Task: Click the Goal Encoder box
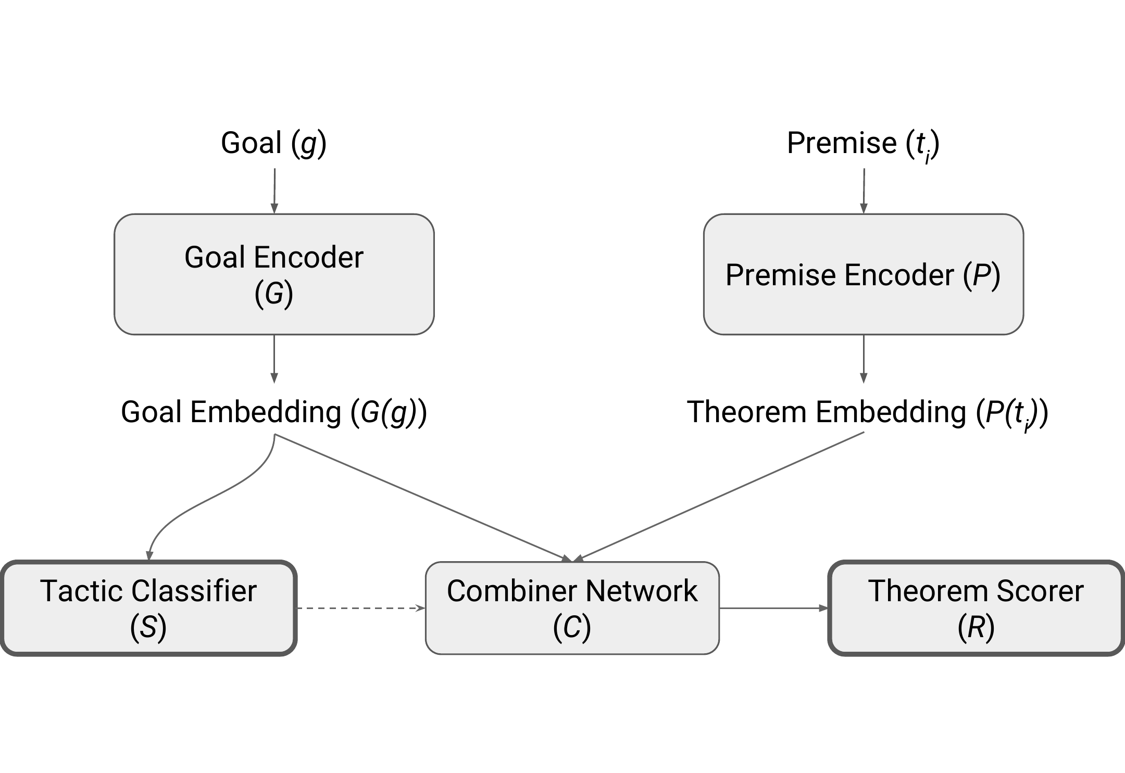[x=274, y=274]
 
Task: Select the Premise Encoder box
[x=864, y=274]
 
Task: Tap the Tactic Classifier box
[x=149, y=607]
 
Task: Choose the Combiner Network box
[x=572, y=607]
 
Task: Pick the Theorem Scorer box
[x=976, y=607]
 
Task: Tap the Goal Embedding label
[x=274, y=412]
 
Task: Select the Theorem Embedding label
[x=868, y=413]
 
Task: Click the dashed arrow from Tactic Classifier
[x=361, y=608]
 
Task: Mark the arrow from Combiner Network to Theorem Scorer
[x=774, y=608]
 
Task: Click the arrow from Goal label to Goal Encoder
[x=274, y=191]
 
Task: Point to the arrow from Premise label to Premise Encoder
[x=864, y=191]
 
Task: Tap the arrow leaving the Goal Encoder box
[x=274, y=359]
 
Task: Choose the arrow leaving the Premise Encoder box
[x=864, y=359]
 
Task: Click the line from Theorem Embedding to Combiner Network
[x=719, y=497]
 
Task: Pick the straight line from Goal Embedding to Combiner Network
[x=423, y=498]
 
